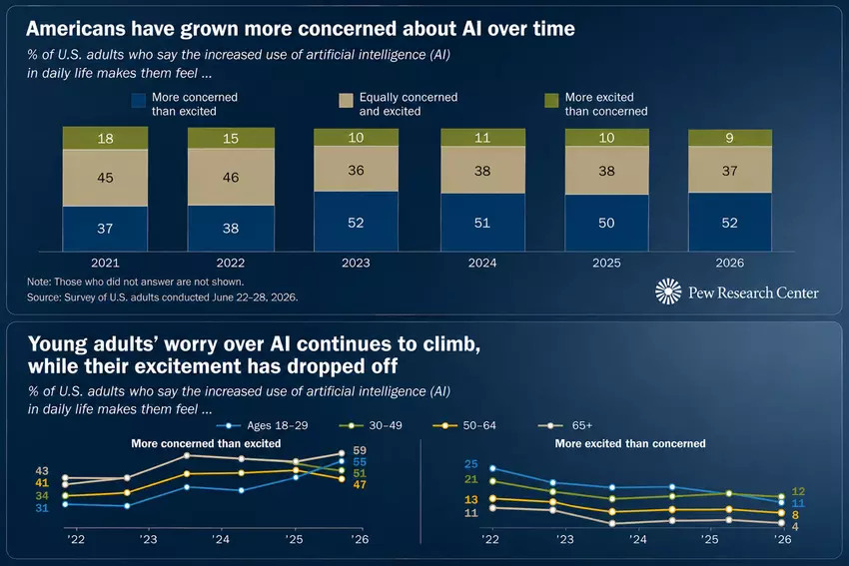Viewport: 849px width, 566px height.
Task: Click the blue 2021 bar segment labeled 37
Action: click(x=105, y=229)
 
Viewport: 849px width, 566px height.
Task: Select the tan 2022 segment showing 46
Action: click(x=231, y=177)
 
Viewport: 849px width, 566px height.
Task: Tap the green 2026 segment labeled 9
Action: click(x=730, y=138)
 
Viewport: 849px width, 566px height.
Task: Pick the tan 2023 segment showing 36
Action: click(x=356, y=169)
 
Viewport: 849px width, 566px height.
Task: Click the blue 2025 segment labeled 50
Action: click(x=606, y=223)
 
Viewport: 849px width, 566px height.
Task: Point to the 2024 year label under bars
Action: click(x=481, y=263)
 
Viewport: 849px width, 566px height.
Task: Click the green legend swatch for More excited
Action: click(x=551, y=101)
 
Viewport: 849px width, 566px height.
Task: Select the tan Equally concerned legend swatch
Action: click(x=346, y=101)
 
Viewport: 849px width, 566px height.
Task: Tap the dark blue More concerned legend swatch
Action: click(x=139, y=101)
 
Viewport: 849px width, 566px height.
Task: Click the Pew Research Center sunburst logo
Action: click(x=668, y=291)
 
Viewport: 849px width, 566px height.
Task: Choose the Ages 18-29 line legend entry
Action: click(x=262, y=426)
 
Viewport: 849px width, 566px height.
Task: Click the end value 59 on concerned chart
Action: click(x=360, y=450)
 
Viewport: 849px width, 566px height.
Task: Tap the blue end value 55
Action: click(x=360, y=462)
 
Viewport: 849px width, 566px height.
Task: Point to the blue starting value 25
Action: click(x=471, y=464)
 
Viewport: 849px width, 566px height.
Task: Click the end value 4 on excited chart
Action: click(x=795, y=526)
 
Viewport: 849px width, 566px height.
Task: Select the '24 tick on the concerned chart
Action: click(x=221, y=539)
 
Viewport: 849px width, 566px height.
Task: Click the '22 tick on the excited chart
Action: click(x=490, y=539)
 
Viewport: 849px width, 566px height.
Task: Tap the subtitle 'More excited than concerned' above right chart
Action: click(x=630, y=443)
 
